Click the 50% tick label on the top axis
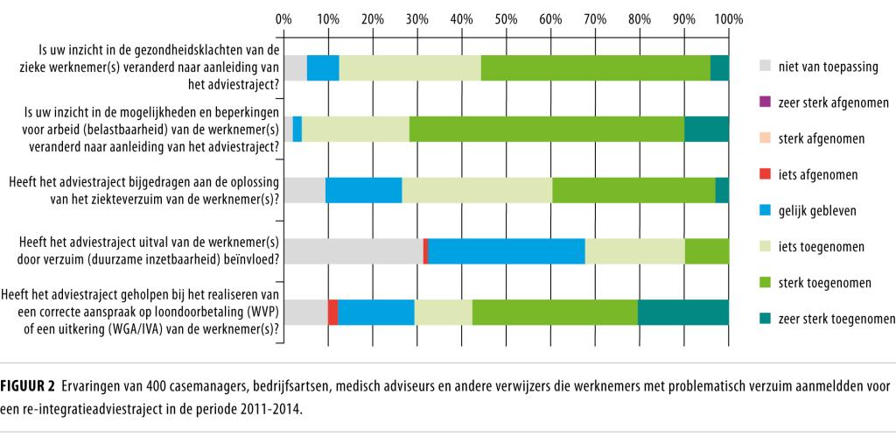(506, 18)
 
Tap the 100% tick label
(728, 18)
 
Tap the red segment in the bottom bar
(333, 313)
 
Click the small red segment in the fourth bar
(425, 251)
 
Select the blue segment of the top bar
(323, 67)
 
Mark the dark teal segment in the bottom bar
(683, 313)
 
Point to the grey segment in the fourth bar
(353, 251)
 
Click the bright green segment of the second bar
(547, 129)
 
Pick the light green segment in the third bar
(477, 190)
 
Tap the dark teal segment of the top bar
(719, 67)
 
